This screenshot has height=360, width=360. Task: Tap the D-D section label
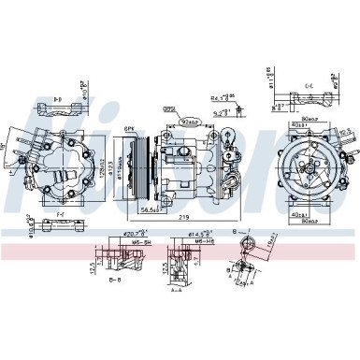[x=58, y=96]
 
